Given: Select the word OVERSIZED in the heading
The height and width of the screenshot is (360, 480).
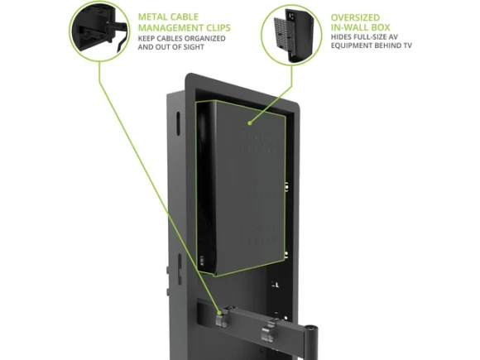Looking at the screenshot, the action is point(355,17).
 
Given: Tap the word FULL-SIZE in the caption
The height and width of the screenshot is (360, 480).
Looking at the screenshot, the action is point(369,37).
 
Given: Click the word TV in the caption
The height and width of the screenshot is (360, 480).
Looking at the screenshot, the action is point(407,46).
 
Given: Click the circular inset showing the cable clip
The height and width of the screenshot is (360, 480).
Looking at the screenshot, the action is point(99,31).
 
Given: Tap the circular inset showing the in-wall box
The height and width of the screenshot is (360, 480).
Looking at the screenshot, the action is point(292,35).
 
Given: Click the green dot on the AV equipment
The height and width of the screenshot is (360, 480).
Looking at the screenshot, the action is point(250,123).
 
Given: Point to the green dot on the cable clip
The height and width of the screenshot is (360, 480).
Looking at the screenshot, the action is point(219,313).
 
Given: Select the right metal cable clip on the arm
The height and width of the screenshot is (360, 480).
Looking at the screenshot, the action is point(267,331).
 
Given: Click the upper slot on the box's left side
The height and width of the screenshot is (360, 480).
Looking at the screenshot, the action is point(178,123).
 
